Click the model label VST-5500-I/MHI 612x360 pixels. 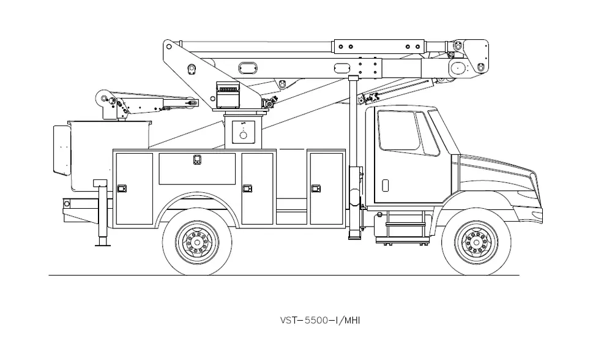click(319, 321)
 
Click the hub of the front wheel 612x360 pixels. click(476, 242)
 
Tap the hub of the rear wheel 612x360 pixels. click(196, 242)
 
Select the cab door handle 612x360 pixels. click(385, 186)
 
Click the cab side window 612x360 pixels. click(399, 131)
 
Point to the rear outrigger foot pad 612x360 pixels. click(103, 244)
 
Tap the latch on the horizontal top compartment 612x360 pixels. click(197, 159)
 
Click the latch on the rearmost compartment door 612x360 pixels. click(122, 189)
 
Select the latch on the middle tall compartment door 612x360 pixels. click(247, 189)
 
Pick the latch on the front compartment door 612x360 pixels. click(316, 189)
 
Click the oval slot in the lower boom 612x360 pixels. click(248, 68)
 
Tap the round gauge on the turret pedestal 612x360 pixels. click(243, 135)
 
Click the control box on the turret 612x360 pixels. click(228, 95)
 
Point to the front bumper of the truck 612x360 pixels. click(529, 215)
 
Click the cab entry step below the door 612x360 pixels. click(404, 223)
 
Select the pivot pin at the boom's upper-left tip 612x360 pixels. click(169, 47)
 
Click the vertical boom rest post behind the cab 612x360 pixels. click(354, 156)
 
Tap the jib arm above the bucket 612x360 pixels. click(148, 103)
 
